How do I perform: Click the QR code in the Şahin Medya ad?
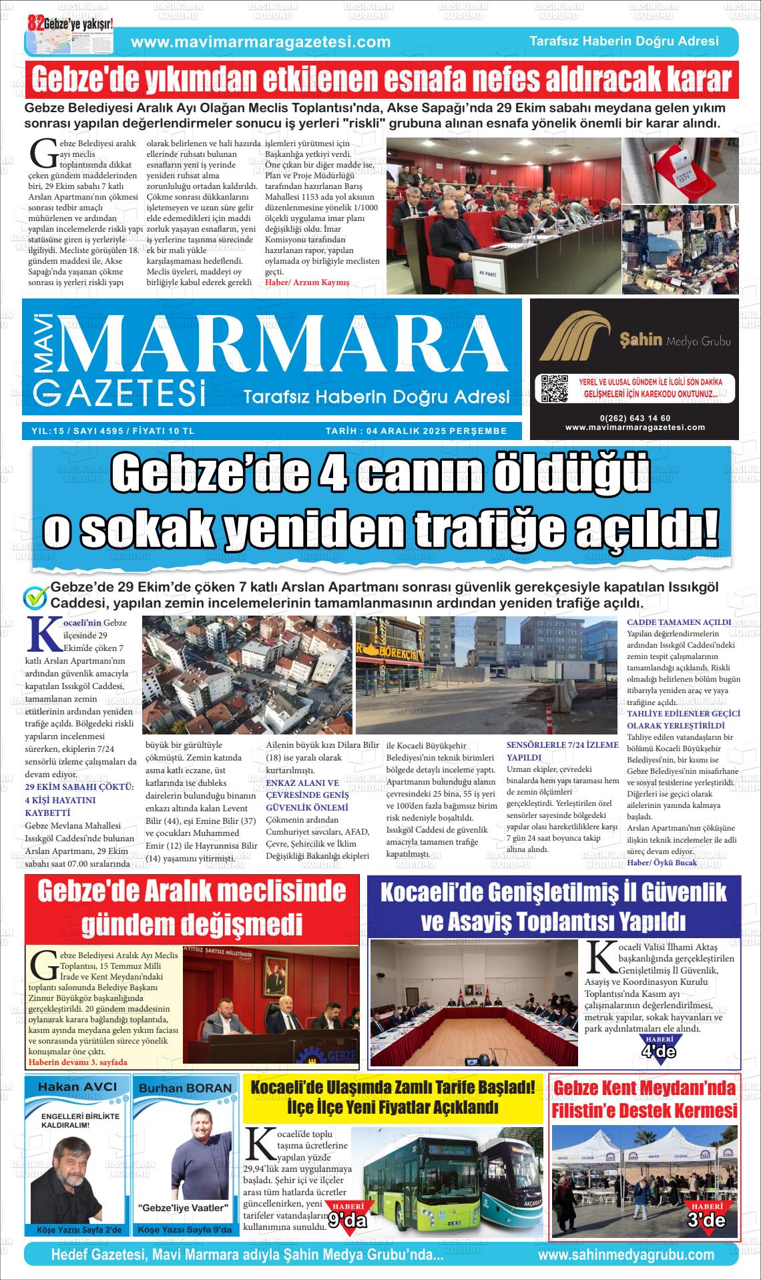point(553,389)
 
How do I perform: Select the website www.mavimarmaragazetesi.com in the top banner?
point(261,42)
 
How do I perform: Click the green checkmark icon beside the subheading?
point(35,596)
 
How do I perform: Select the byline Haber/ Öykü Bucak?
point(662,863)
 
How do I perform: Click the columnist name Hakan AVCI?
point(77,1086)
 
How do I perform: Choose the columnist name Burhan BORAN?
point(185,1088)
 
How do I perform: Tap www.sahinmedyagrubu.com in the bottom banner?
point(625,1255)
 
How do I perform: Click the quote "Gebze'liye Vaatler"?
point(183,1208)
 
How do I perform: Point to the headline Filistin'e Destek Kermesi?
point(644,1111)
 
